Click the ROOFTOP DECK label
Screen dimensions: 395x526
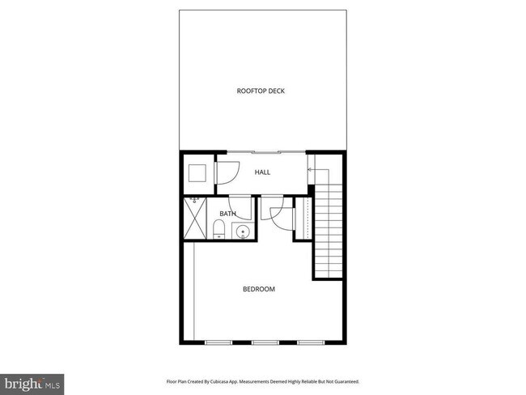(261, 91)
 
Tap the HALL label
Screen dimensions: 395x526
(262, 172)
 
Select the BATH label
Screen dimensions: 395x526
(227, 214)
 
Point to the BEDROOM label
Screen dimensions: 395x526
(259, 289)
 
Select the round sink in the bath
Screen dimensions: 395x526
(241, 232)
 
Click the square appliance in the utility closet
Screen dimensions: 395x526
(197, 174)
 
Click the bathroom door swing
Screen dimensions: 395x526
(240, 207)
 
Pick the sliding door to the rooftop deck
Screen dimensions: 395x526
(266, 152)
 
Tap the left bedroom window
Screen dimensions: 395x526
(217, 343)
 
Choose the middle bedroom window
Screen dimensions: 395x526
(264, 343)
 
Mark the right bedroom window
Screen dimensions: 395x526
(310, 343)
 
